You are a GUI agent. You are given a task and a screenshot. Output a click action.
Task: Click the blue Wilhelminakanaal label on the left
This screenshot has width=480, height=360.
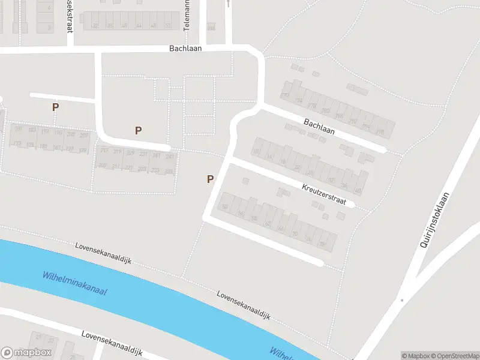pyautogui.click(x=75, y=283)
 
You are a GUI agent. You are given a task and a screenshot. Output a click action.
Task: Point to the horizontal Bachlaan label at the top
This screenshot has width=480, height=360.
pyautogui.click(x=186, y=48)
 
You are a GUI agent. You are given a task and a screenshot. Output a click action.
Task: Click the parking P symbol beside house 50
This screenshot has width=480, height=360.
pyautogui.click(x=210, y=179)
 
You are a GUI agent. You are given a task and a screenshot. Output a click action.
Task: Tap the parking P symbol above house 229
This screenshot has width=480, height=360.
pyautogui.click(x=139, y=130)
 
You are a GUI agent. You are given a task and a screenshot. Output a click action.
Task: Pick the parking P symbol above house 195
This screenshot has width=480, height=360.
pyautogui.click(x=55, y=107)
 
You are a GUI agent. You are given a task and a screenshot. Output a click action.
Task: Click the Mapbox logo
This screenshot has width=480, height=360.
pyautogui.click(x=26, y=353)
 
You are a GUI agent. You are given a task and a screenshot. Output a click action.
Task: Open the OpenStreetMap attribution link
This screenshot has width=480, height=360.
pyautogui.click(x=454, y=356)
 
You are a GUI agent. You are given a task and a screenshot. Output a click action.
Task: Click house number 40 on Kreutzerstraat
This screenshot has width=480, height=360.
pyautogui.click(x=358, y=190)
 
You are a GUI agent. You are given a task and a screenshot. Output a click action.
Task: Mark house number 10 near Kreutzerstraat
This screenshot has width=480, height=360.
pyautogui.click(x=256, y=152)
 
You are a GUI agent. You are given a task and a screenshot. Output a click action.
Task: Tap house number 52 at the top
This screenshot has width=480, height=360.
pyautogui.click(x=168, y=26)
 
